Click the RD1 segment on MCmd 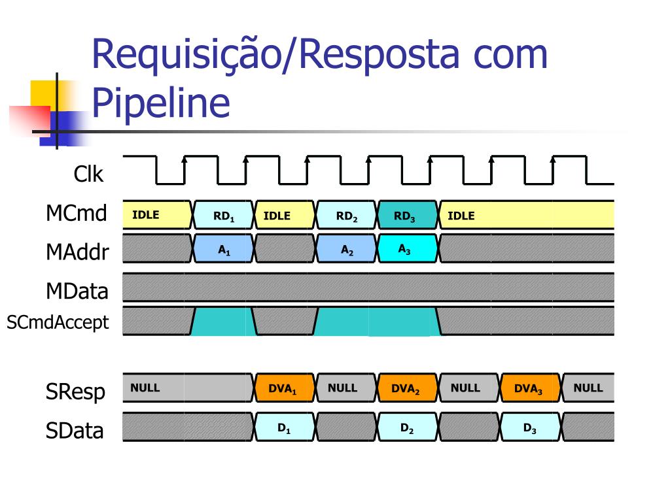tap(224, 214)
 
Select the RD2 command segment tap(347, 214)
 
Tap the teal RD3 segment tap(408, 214)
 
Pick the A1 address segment tap(224, 248)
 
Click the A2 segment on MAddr tap(347, 248)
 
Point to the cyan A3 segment tap(408, 248)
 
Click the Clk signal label tap(88, 174)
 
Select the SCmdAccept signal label tap(58, 322)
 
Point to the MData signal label tap(77, 291)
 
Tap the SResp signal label tap(75, 392)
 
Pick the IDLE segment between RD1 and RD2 tap(285, 214)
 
